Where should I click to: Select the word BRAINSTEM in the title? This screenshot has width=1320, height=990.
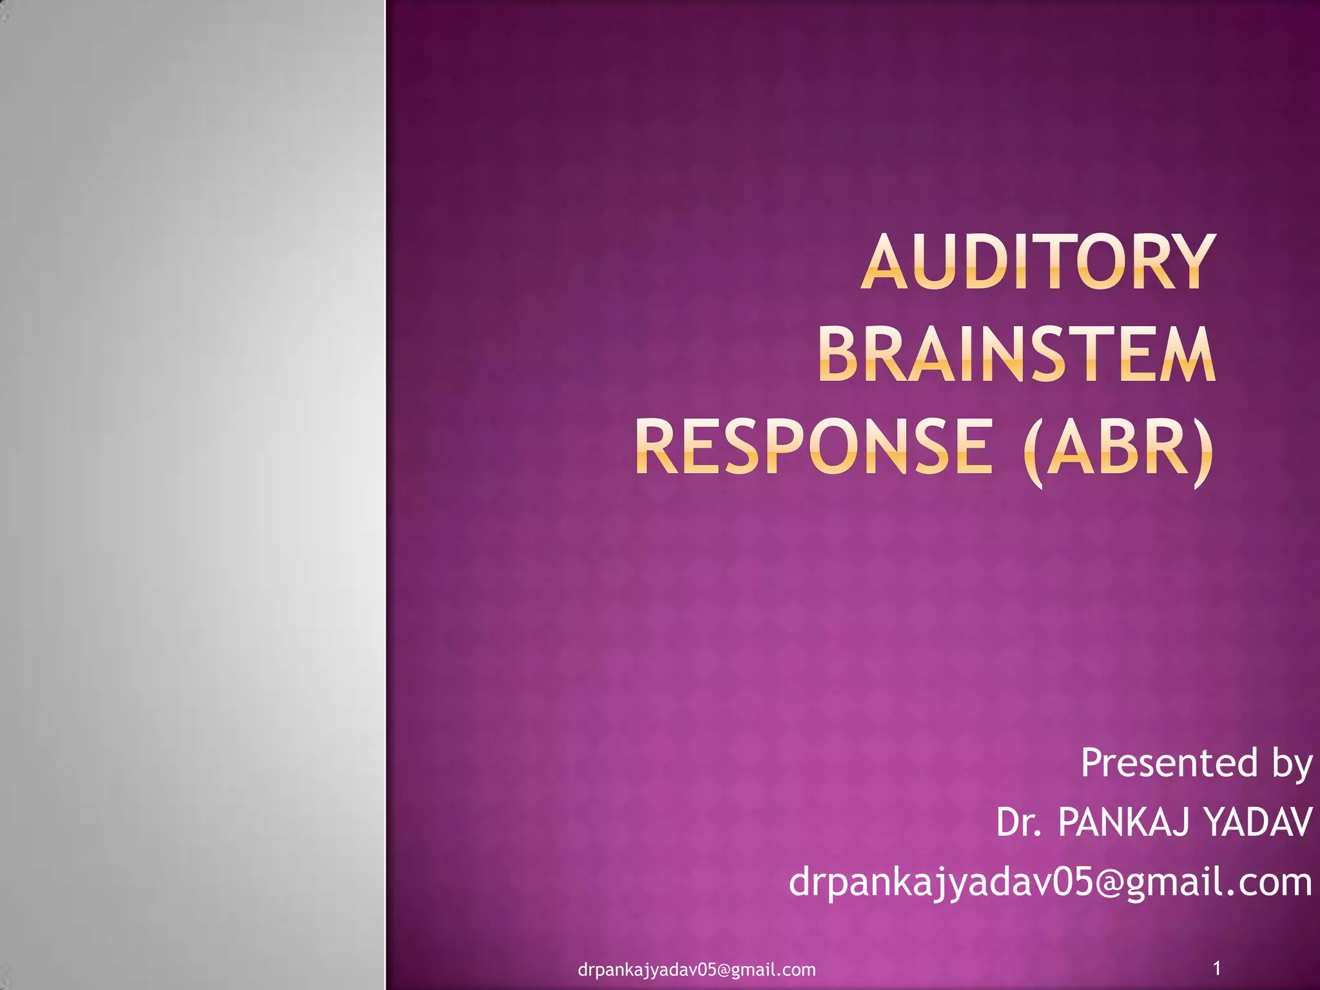1016,354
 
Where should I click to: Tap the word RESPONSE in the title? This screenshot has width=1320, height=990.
814,446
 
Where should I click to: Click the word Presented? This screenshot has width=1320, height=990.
1169,763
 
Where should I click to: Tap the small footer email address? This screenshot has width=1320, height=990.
697,970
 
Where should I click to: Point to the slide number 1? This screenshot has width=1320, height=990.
1217,967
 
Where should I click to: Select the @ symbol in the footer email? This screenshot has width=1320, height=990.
727,970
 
